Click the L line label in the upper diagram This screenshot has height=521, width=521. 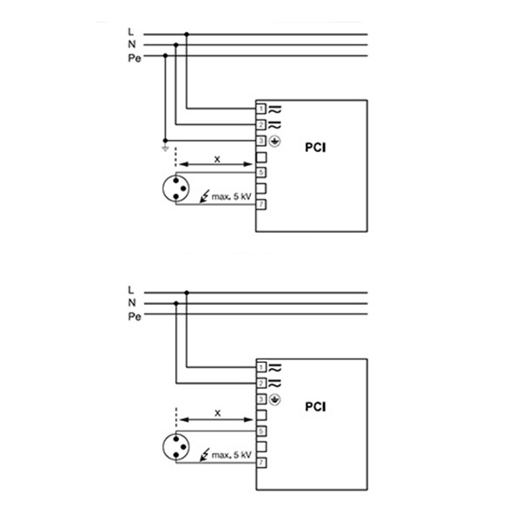point(130,34)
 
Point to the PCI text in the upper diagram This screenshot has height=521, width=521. point(315,148)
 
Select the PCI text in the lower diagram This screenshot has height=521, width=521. point(315,406)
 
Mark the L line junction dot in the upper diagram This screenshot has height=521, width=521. point(187,34)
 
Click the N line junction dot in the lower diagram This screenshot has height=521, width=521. point(176,302)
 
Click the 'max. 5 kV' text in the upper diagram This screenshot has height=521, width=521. point(229,198)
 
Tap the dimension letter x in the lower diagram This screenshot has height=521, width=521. point(217,412)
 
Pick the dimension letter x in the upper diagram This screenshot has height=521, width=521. point(217,158)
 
